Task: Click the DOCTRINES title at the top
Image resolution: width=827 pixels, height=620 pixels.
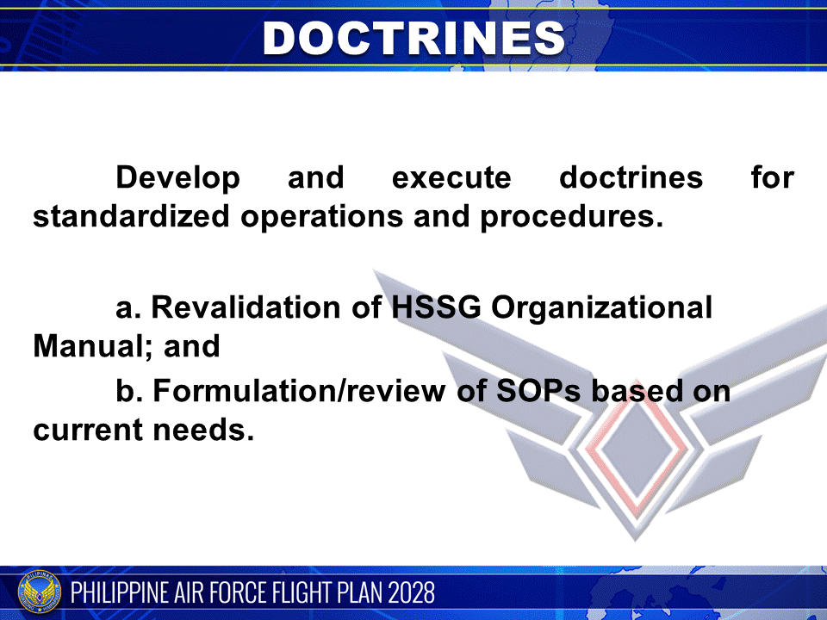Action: tap(413, 37)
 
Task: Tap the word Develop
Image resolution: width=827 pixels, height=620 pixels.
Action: tap(178, 178)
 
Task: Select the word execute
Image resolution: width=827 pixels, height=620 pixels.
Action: tap(451, 178)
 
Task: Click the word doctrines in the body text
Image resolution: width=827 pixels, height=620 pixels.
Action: tap(631, 178)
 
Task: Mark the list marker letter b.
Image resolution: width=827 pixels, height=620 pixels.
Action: tap(127, 391)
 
